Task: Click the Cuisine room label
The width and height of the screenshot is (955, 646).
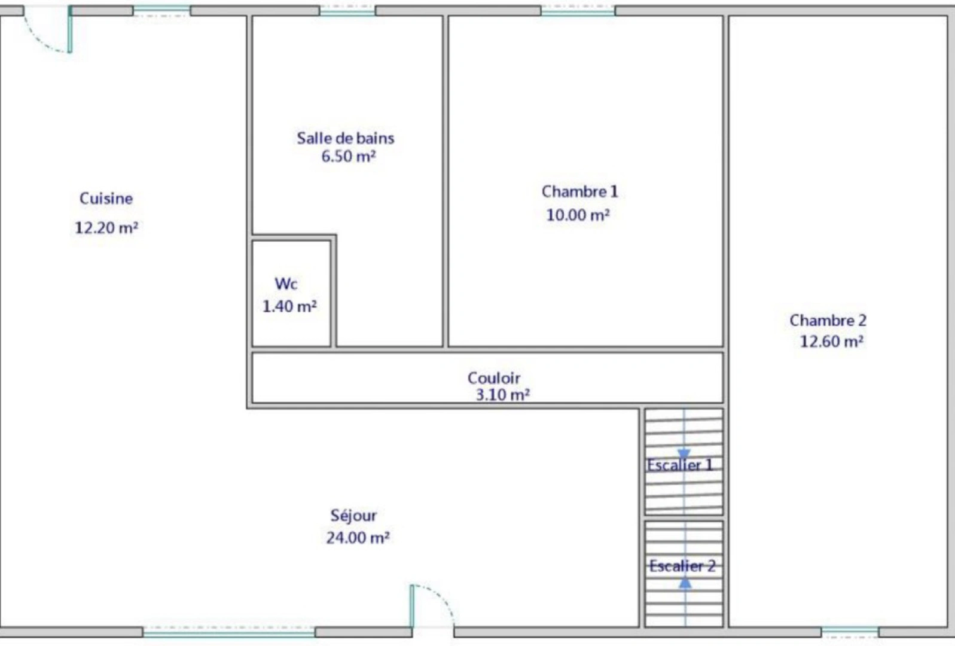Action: click(106, 199)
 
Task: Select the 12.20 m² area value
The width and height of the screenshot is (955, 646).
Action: click(106, 228)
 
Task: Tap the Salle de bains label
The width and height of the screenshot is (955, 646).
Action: click(346, 138)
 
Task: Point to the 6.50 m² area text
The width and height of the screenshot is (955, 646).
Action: click(349, 157)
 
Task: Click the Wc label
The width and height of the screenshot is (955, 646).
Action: click(286, 284)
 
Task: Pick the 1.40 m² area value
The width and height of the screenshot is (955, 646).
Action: click(289, 306)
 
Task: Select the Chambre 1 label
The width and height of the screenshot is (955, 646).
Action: click(579, 191)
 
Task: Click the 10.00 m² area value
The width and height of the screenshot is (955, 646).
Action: click(578, 215)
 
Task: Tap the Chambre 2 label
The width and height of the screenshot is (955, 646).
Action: click(828, 321)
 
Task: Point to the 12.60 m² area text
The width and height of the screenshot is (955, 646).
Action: click(831, 342)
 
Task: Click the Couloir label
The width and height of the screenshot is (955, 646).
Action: click(493, 378)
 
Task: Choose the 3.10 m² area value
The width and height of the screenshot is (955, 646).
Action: click(502, 395)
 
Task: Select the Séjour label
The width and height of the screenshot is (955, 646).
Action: click(353, 516)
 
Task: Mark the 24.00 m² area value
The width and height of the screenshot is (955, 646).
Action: click(358, 538)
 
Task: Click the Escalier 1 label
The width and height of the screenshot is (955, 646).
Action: click(680, 465)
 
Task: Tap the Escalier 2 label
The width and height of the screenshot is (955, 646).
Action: click(682, 566)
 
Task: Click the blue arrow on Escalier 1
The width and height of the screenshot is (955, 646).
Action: click(684, 455)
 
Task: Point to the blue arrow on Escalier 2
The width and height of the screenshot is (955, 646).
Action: click(685, 581)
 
